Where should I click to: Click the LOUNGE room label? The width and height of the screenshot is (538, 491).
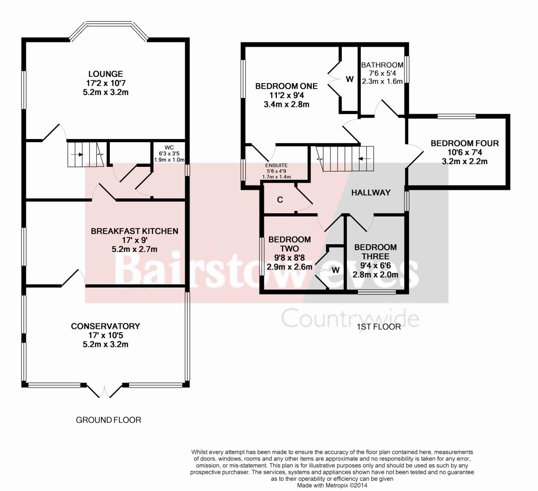tap(106, 74)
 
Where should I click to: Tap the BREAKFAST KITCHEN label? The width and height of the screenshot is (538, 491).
tap(134, 231)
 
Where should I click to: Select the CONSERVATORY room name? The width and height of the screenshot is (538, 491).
tap(106, 326)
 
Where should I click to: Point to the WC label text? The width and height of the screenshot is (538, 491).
tap(169, 148)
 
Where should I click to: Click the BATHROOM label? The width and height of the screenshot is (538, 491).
tap(382, 65)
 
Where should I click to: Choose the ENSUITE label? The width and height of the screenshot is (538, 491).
tap(277, 165)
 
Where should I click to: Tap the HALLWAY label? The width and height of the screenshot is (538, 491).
tap(371, 193)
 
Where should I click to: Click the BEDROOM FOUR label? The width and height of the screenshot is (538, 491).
tap(465, 143)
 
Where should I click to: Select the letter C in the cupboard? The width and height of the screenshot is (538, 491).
tap(280, 200)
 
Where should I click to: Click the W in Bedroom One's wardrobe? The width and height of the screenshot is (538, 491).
tap(350, 79)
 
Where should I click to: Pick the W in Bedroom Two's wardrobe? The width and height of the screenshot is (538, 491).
tap(336, 270)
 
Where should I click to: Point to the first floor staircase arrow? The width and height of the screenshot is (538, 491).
tap(364, 159)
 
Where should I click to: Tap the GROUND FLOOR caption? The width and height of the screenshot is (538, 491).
tap(109, 420)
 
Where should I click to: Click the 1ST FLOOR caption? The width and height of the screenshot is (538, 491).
tap(379, 327)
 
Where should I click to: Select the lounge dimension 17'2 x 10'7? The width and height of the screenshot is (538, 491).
tap(106, 83)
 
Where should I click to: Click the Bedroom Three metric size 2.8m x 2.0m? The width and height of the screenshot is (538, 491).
tap(376, 275)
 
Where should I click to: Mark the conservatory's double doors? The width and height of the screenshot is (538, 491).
tap(105, 392)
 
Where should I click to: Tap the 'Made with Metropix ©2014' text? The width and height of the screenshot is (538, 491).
tap(332, 485)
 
